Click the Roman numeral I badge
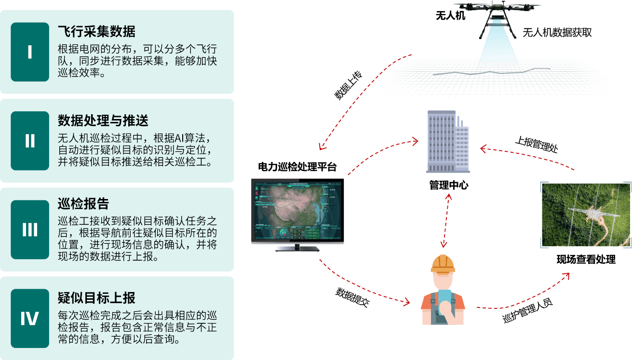(x=30, y=52)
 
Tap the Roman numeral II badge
(x=30, y=141)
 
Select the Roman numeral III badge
(x=30, y=230)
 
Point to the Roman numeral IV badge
(x=30, y=319)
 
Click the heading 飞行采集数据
(x=96, y=32)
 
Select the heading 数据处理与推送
(x=103, y=120)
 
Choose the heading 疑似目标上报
(x=96, y=298)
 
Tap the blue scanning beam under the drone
(x=496, y=48)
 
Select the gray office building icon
(x=447, y=142)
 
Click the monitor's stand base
(x=297, y=249)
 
